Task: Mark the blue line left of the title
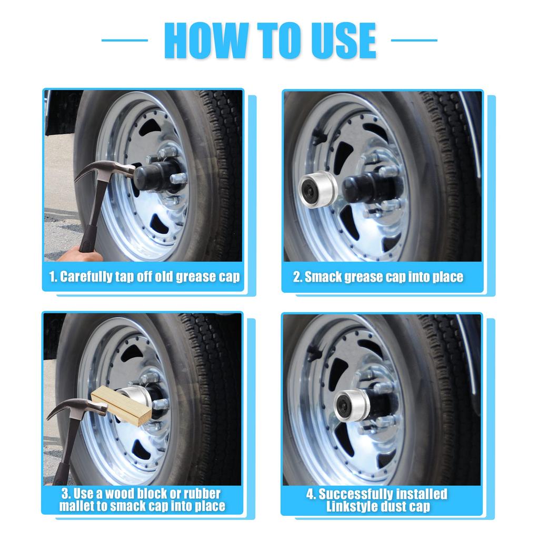[124, 40]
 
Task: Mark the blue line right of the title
[414, 40]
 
